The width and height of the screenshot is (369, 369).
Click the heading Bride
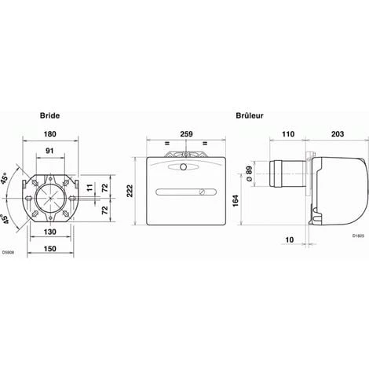click(x=49, y=115)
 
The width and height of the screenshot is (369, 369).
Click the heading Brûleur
click(x=250, y=115)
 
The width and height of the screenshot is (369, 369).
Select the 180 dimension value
click(x=49, y=134)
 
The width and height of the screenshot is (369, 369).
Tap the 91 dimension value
click(x=49, y=151)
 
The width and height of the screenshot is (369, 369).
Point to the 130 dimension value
click(x=49, y=232)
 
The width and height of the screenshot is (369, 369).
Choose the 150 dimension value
click(x=49, y=248)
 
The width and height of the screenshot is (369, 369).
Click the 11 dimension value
click(x=90, y=188)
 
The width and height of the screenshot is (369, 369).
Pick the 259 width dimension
click(x=186, y=134)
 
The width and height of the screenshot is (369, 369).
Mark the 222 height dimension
click(x=130, y=191)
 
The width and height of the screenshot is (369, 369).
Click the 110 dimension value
click(x=288, y=134)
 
